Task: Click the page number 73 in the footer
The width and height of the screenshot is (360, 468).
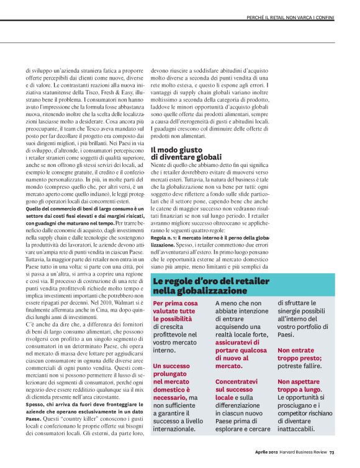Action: pos(332,451)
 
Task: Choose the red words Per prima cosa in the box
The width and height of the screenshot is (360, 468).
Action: pos(176,304)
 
